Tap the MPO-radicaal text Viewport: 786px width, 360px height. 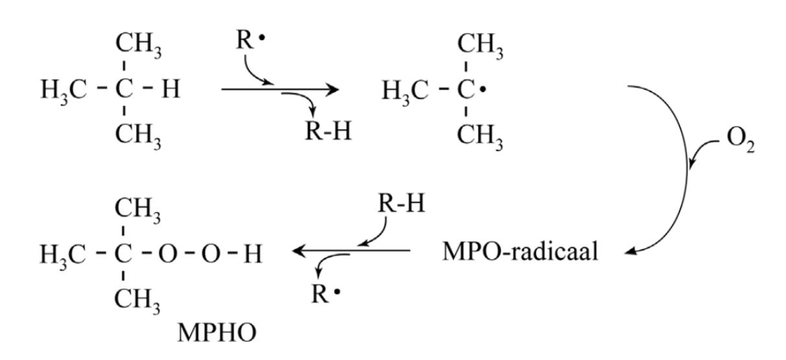(x=520, y=252)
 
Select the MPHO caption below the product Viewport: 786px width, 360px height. (x=217, y=332)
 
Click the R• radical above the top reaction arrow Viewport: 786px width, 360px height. (x=250, y=40)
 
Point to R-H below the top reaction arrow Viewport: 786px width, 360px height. (x=328, y=131)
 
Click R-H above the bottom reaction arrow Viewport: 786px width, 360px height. (x=401, y=204)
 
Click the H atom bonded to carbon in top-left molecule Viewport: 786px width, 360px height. (x=171, y=89)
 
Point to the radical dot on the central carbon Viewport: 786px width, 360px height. (x=483, y=90)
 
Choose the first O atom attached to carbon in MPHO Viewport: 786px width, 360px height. (x=167, y=254)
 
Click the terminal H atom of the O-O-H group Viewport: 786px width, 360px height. (x=253, y=254)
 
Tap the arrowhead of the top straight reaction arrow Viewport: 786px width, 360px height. (x=333, y=90)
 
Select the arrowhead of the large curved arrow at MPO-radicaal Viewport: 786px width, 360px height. (x=631, y=252)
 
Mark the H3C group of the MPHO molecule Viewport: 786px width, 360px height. (x=63, y=256)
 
